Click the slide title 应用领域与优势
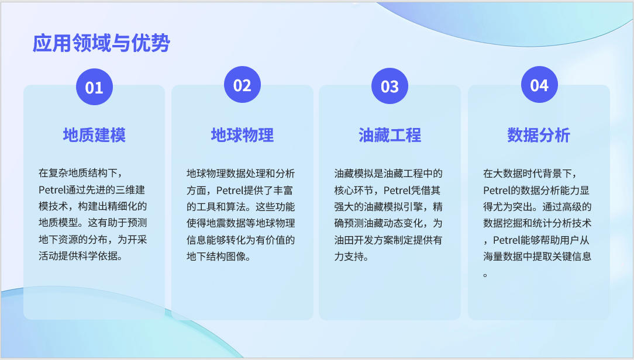click(101, 43)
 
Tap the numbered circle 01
click(94, 87)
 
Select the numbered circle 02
click(242, 85)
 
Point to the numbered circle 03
click(390, 86)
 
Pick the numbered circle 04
click(539, 85)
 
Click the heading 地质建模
click(94, 135)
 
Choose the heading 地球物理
click(242, 135)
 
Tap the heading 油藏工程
click(390, 135)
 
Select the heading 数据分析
click(539, 135)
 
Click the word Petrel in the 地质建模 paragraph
click(51, 190)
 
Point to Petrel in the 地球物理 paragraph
click(229, 191)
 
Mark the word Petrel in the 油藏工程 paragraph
click(397, 191)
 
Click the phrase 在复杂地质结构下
click(78, 173)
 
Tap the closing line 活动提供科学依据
click(78, 256)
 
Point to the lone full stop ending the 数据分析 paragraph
click(485, 275)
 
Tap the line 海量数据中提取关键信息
click(537, 256)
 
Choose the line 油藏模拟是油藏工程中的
click(388, 174)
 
